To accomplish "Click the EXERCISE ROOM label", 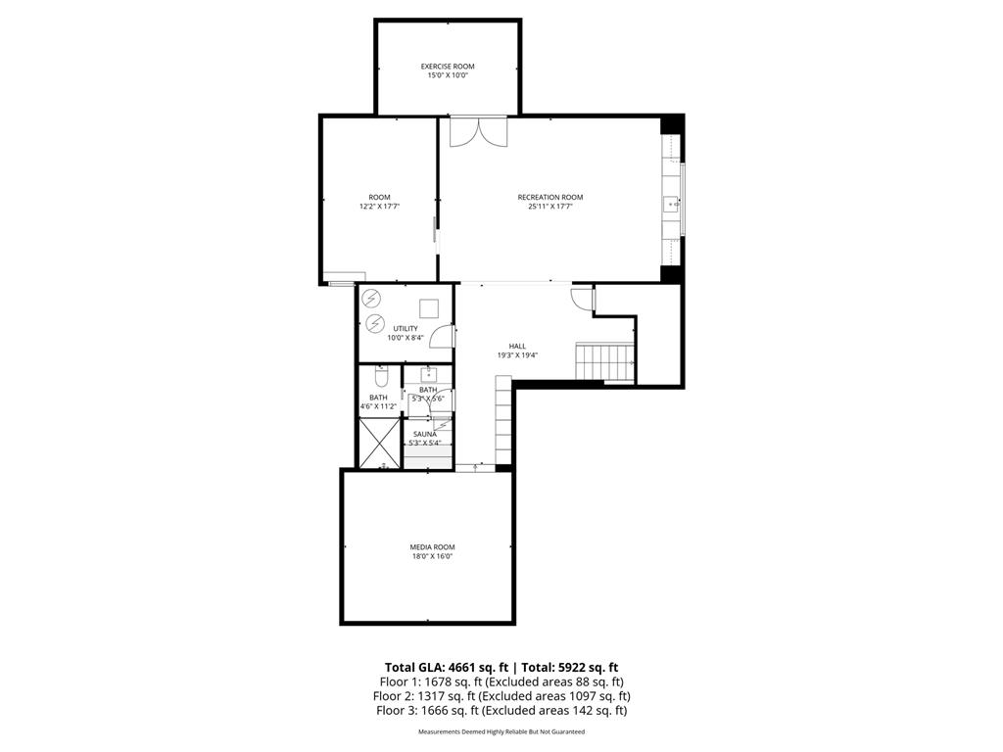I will tap(448, 67).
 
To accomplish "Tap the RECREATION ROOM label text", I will tap(549, 197).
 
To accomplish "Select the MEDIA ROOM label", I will tap(432, 546).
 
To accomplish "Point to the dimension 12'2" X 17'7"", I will tap(379, 207).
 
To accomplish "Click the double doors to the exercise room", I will tap(478, 131).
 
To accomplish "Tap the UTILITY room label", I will tap(405, 328).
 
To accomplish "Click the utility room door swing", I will tap(444, 337).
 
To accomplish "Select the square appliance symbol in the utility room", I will tap(428, 306).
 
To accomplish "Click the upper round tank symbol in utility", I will tap(371, 298).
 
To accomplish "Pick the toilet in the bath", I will tap(382, 376).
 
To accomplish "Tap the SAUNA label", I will tap(424, 434).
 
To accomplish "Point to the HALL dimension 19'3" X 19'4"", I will tap(517, 355).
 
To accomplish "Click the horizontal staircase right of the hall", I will tap(604, 362).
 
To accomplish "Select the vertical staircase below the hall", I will tap(502, 423).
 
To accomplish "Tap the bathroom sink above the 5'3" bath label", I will tap(428, 373).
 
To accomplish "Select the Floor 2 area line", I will tap(501, 696).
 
